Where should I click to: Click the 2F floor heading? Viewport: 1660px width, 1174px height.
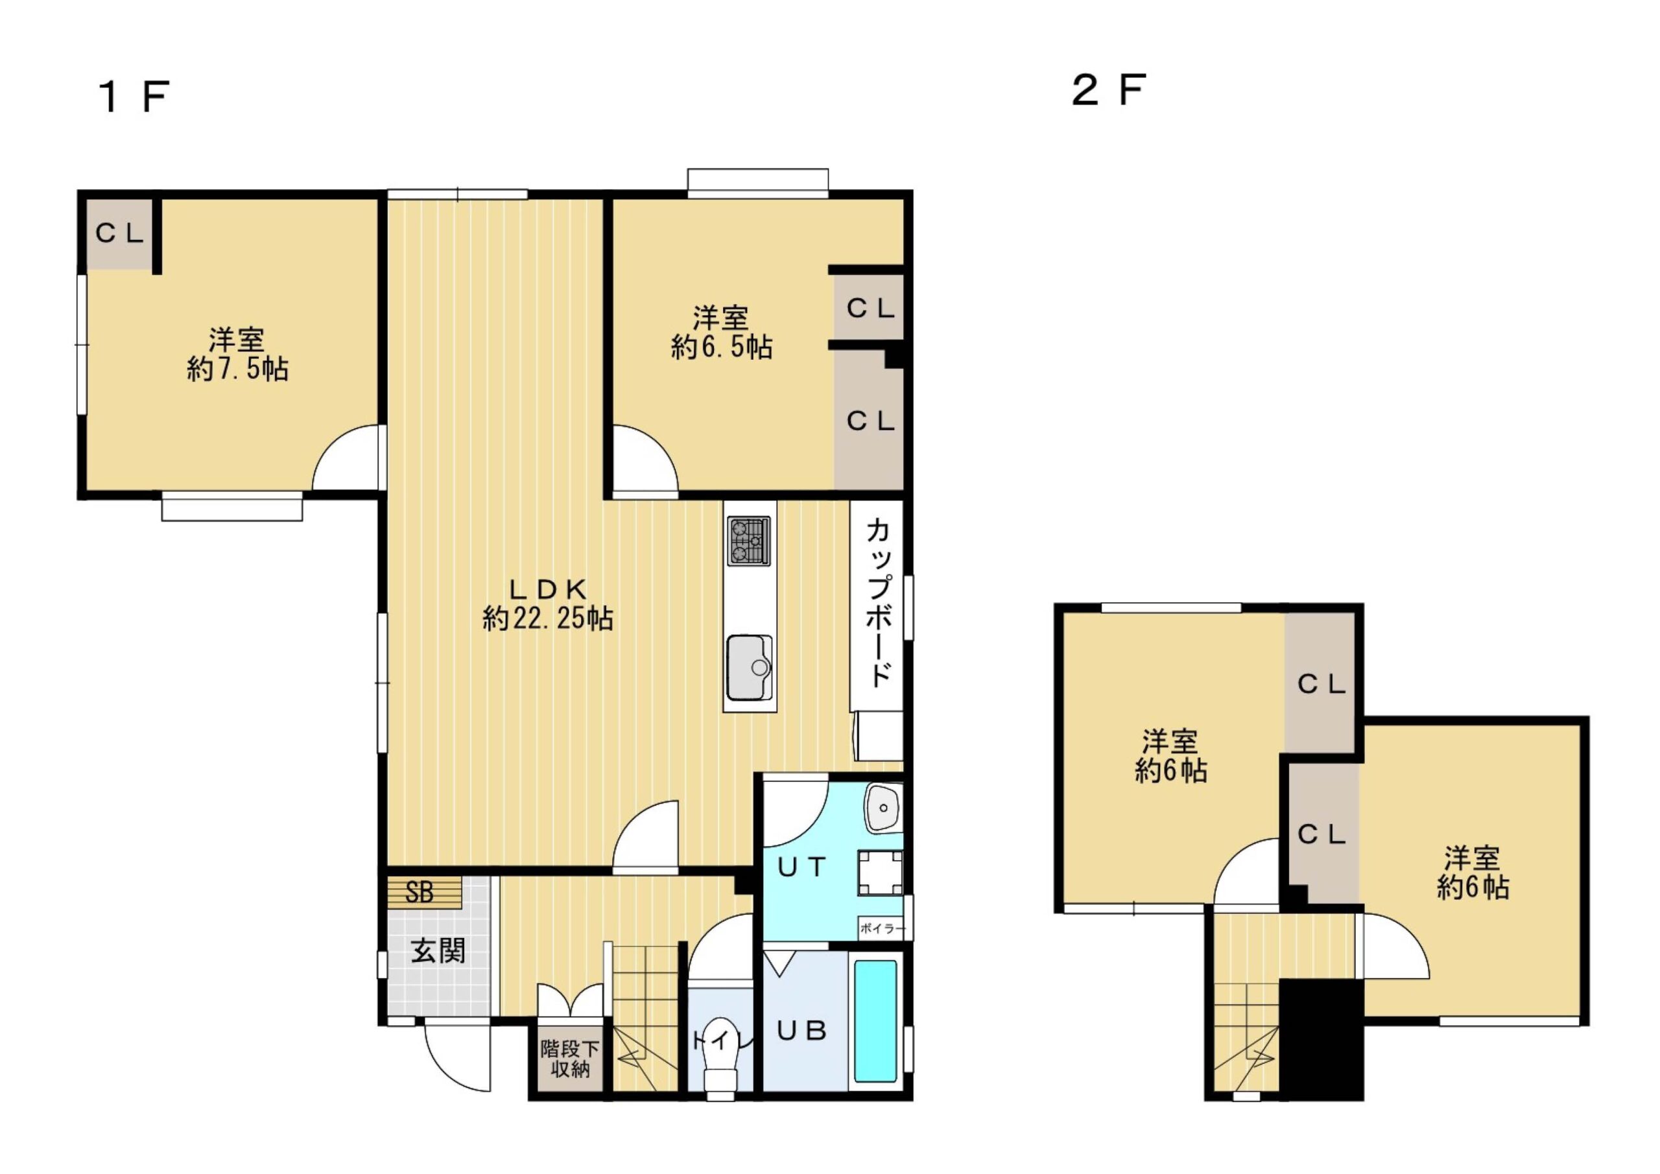point(1108,90)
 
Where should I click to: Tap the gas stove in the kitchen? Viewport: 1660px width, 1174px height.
point(749,541)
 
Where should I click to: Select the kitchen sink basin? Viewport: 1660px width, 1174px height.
point(749,668)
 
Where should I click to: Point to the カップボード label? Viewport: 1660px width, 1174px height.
point(878,603)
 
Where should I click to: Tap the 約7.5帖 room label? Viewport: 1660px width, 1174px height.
point(238,354)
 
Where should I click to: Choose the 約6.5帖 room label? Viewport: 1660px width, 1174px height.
point(722,333)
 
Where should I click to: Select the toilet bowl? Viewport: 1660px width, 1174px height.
point(718,1055)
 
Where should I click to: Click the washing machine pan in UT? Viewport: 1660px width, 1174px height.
point(880,873)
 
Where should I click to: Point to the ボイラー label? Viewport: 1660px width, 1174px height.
point(882,929)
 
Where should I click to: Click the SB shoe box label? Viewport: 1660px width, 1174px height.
point(420,893)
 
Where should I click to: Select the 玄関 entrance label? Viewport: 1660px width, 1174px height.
point(438,952)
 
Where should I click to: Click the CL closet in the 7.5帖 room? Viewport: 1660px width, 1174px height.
point(120,233)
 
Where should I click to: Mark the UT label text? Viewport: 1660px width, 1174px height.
point(802,866)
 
